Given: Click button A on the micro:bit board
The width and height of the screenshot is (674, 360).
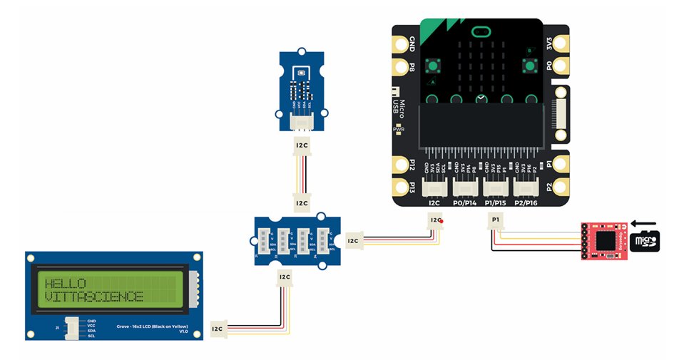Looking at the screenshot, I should (x=432, y=67).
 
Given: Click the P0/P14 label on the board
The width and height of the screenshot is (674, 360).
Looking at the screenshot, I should (x=466, y=203).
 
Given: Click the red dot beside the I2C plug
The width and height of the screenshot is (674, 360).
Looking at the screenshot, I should (x=442, y=222).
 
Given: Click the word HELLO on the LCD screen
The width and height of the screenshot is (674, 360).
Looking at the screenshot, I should (x=66, y=284).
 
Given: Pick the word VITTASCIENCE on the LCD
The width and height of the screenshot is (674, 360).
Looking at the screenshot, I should (x=93, y=297).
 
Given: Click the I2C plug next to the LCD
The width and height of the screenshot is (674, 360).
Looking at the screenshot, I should (x=219, y=328).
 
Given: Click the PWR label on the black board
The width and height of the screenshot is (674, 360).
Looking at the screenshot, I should (x=408, y=129).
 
